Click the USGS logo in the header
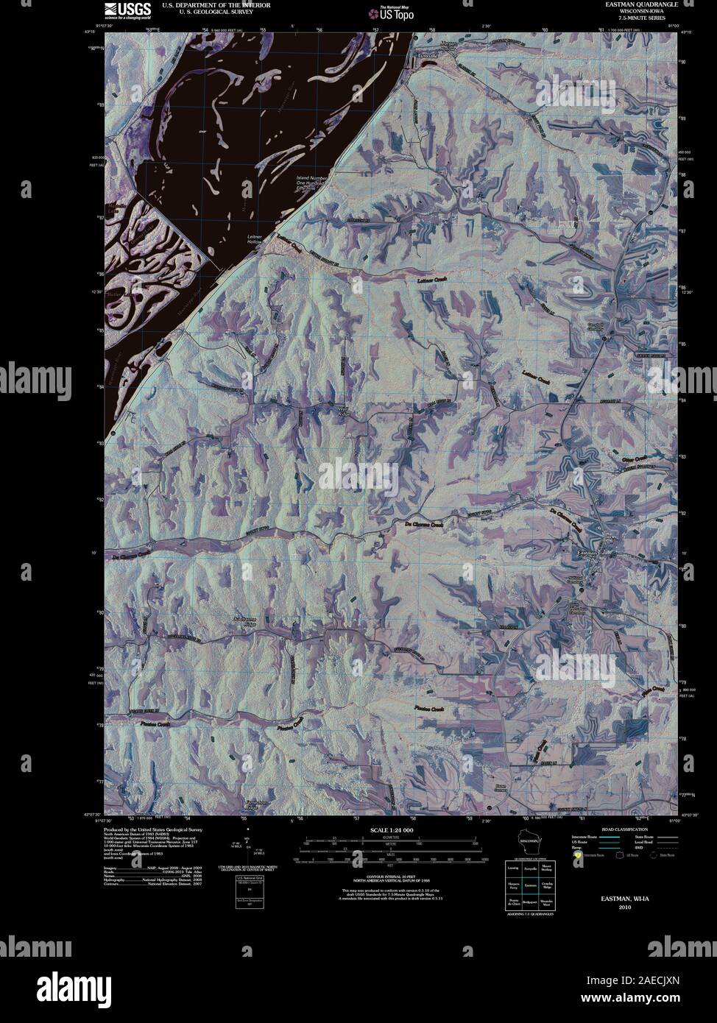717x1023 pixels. (x=127, y=10)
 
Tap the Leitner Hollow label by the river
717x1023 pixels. (x=254, y=238)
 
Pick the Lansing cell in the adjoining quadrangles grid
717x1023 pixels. (x=512, y=868)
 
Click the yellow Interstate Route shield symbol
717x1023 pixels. (x=578, y=855)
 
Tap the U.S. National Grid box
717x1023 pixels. (x=248, y=883)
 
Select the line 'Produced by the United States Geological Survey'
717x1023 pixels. (x=153, y=829)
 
